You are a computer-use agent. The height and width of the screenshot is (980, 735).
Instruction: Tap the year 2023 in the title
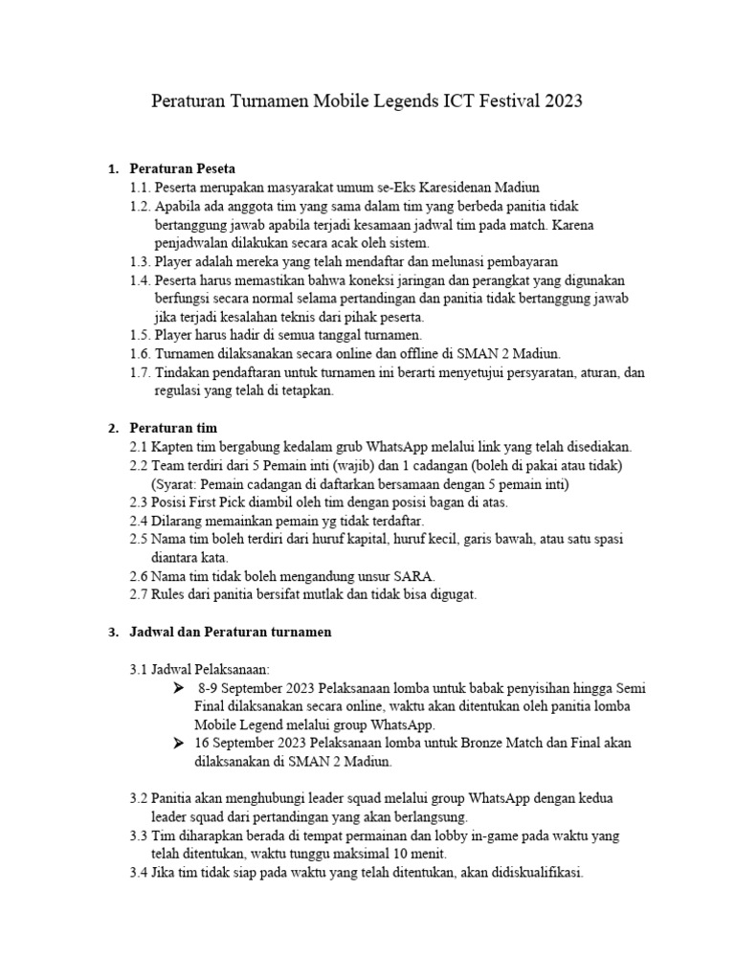click(x=564, y=100)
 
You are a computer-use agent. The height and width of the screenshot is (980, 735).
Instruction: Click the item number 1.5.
click(x=140, y=335)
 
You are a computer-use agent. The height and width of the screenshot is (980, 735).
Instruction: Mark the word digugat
click(x=453, y=594)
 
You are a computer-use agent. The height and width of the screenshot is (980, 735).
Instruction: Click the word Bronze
click(x=438, y=744)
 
